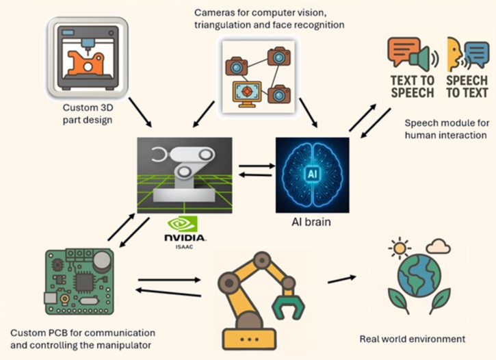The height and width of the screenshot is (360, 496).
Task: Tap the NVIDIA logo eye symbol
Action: [182, 225]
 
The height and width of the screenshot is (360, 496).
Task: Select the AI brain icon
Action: [311, 175]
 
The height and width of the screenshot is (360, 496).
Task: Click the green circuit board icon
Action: [79, 282]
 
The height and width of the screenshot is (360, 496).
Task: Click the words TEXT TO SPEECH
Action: [412, 86]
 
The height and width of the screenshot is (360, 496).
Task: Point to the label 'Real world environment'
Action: [412, 339]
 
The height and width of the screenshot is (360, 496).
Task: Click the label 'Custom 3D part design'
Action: [86, 115]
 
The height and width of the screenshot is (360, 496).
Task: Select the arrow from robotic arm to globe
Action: [342, 279]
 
